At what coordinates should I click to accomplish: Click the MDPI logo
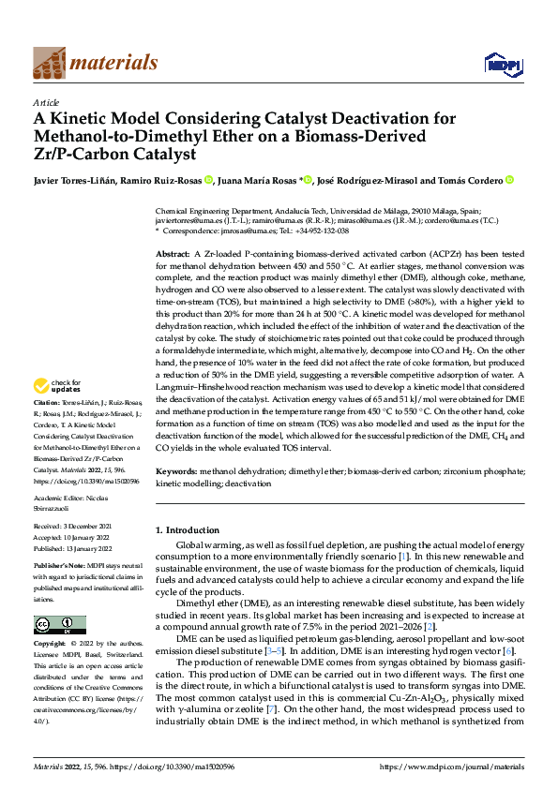coord(498,64)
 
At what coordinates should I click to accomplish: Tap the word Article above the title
coord(46,102)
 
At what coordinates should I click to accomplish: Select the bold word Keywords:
coord(177,470)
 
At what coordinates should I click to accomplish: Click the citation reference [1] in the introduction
coord(378,557)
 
